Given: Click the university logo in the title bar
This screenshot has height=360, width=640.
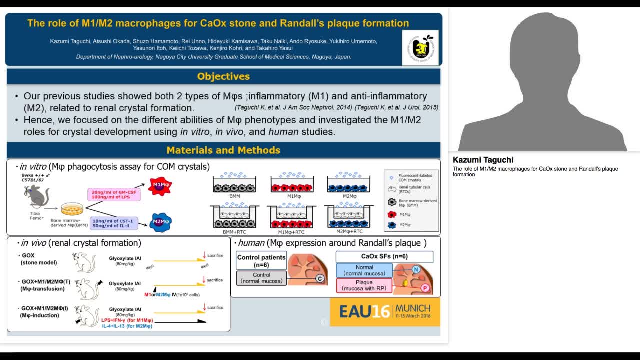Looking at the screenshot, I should coord(420,48).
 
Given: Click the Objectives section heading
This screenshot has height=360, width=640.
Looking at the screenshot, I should coord(223,76).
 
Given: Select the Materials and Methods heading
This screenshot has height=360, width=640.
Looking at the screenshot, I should coord(223,150).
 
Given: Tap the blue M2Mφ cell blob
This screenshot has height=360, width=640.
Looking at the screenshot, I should coord(161,221).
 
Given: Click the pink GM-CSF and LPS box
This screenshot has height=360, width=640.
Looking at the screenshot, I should coord(114,194).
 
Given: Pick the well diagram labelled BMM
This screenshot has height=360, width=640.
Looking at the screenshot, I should coord(235,184).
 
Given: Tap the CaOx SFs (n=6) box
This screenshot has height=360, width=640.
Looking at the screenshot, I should coord(384,257).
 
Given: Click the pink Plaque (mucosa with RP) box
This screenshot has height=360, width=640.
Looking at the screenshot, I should coord(364,285).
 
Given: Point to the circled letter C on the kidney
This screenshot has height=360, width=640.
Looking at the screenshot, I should coord(319,279).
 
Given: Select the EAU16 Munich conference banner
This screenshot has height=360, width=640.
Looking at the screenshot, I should coord(385,312).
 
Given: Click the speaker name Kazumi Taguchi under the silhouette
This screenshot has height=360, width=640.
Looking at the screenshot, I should coord(483,160).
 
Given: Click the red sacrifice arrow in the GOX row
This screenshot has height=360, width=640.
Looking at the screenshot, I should coord(204,256).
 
